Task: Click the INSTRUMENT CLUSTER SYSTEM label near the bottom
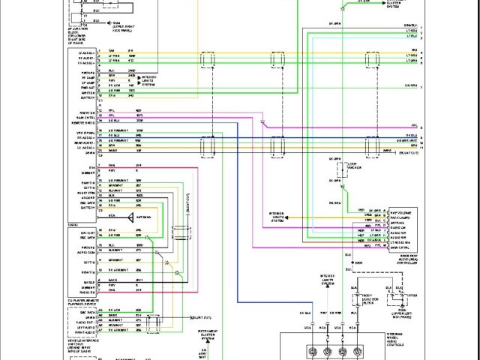(208, 334)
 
